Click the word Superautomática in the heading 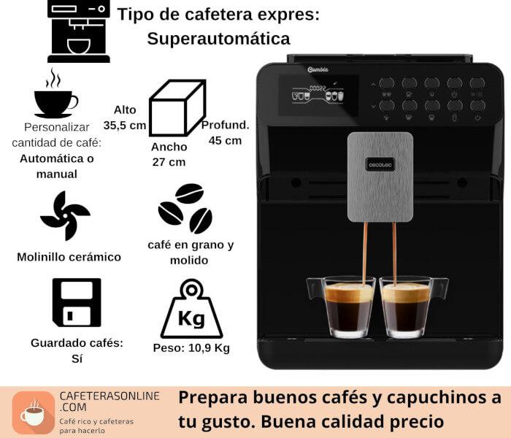click(x=218, y=39)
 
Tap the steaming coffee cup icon click(x=56, y=94)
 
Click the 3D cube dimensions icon click(x=177, y=108)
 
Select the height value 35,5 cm click(x=125, y=125)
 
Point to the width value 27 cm click(x=169, y=162)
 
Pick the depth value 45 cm click(x=225, y=140)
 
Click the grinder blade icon click(x=66, y=216)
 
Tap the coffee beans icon click(x=185, y=209)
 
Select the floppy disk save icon click(x=77, y=302)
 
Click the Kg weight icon click(x=191, y=309)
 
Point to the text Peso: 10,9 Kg click(x=191, y=348)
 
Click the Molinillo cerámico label click(x=69, y=257)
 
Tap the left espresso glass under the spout click(x=344, y=307)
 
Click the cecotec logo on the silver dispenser click(x=380, y=164)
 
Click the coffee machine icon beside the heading click(x=79, y=31)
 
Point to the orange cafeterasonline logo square click(x=34, y=412)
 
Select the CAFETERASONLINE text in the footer click(x=109, y=396)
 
